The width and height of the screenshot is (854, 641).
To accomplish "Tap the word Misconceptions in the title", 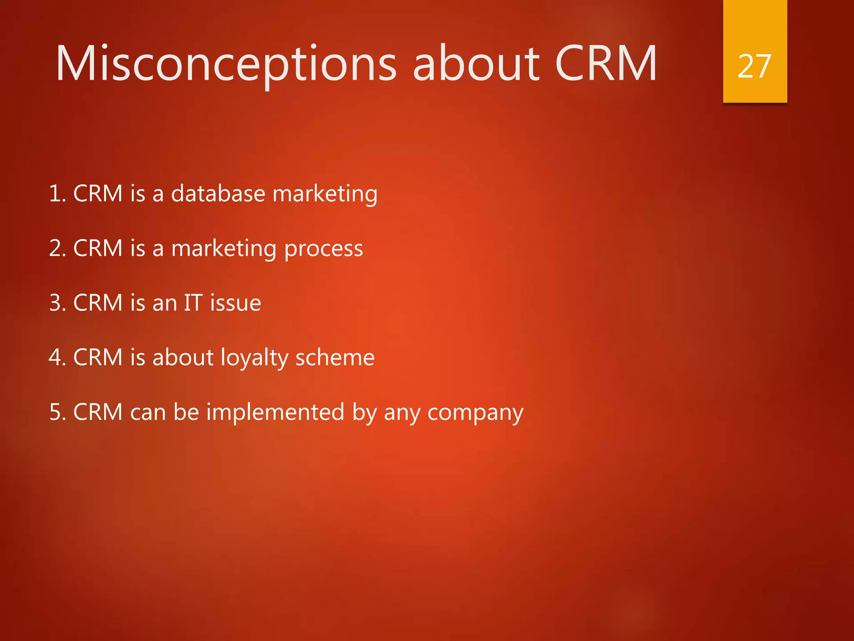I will pyautogui.click(x=226, y=64).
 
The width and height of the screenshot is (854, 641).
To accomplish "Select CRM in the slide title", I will pyautogui.click(x=605, y=64).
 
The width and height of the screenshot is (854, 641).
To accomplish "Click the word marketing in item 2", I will pyautogui.click(x=224, y=249).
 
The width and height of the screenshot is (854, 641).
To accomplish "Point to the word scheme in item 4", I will pyautogui.click(x=335, y=358).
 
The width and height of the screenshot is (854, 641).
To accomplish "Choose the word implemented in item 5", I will pyautogui.click(x=275, y=412).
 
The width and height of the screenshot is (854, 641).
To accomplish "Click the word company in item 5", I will pyautogui.click(x=475, y=413).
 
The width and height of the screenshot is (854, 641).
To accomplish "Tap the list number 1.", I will pyautogui.click(x=56, y=194).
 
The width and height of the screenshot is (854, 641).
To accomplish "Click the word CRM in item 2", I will pyautogui.click(x=98, y=248).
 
